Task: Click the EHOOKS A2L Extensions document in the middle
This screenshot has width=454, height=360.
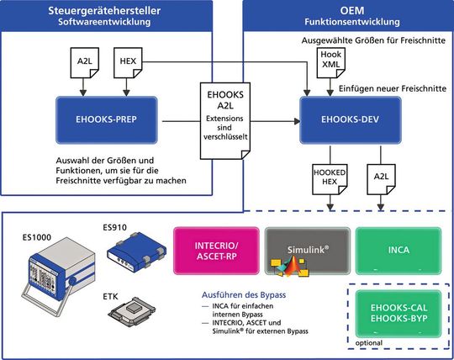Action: pyautogui.click(x=225, y=119)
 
